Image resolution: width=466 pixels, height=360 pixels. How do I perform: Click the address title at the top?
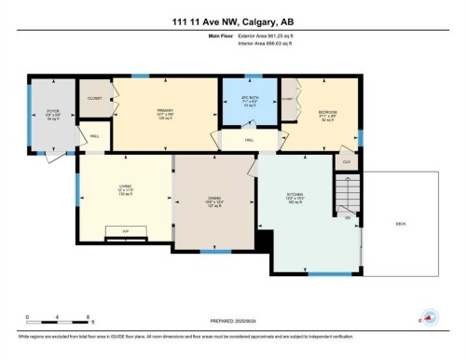point(232,22)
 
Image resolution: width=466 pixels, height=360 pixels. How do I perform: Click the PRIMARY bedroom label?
point(165,112)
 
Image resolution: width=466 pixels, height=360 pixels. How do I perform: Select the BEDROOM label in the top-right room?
point(327,113)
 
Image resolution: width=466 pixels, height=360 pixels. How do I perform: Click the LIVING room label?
point(124,190)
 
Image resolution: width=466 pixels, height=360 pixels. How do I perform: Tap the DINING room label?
point(213,200)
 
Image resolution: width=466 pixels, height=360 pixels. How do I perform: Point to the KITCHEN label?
point(295,198)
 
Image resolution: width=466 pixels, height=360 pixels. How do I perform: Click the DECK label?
point(400,224)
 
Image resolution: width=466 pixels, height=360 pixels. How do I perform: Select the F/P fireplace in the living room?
point(125,229)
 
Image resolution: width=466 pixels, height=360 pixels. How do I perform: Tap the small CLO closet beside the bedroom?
point(346,161)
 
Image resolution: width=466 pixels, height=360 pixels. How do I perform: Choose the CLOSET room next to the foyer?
point(95,98)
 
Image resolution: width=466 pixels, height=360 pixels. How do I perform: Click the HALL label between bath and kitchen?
point(250,140)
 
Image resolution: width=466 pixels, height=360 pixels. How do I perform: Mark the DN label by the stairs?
point(348,218)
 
